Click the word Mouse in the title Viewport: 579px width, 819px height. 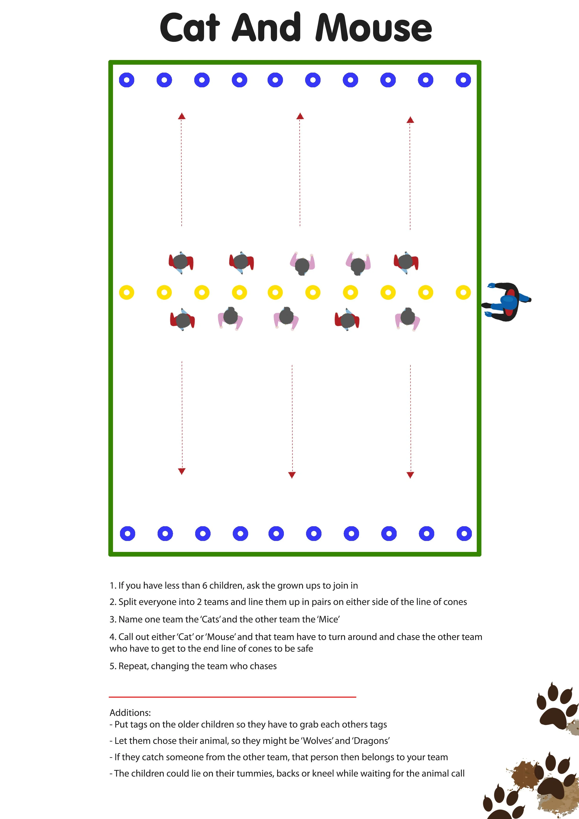(x=374, y=28)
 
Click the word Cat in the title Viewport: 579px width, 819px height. (x=189, y=28)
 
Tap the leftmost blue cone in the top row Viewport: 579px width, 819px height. (x=127, y=80)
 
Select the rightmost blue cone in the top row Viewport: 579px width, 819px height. (x=463, y=80)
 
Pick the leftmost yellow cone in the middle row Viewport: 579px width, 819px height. (x=127, y=293)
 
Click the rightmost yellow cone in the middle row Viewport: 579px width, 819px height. (x=463, y=293)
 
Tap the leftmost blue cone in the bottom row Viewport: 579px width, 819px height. (x=127, y=534)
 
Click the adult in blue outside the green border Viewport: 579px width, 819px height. (x=507, y=302)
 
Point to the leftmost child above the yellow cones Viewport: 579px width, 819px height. (x=181, y=262)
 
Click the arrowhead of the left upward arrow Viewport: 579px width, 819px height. (x=182, y=116)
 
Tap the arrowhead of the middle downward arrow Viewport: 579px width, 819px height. (x=292, y=475)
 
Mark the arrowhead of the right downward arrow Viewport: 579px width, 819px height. (x=410, y=475)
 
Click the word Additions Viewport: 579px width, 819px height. (x=130, y=713)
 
